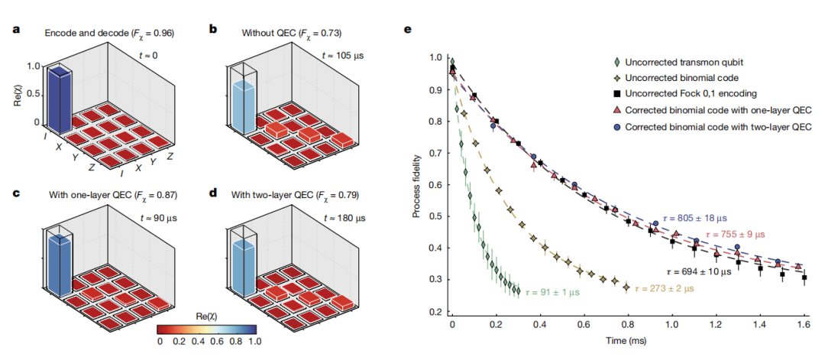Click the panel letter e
(407, 30)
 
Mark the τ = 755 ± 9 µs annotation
(741, 233)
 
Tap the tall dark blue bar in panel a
(59, 99)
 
